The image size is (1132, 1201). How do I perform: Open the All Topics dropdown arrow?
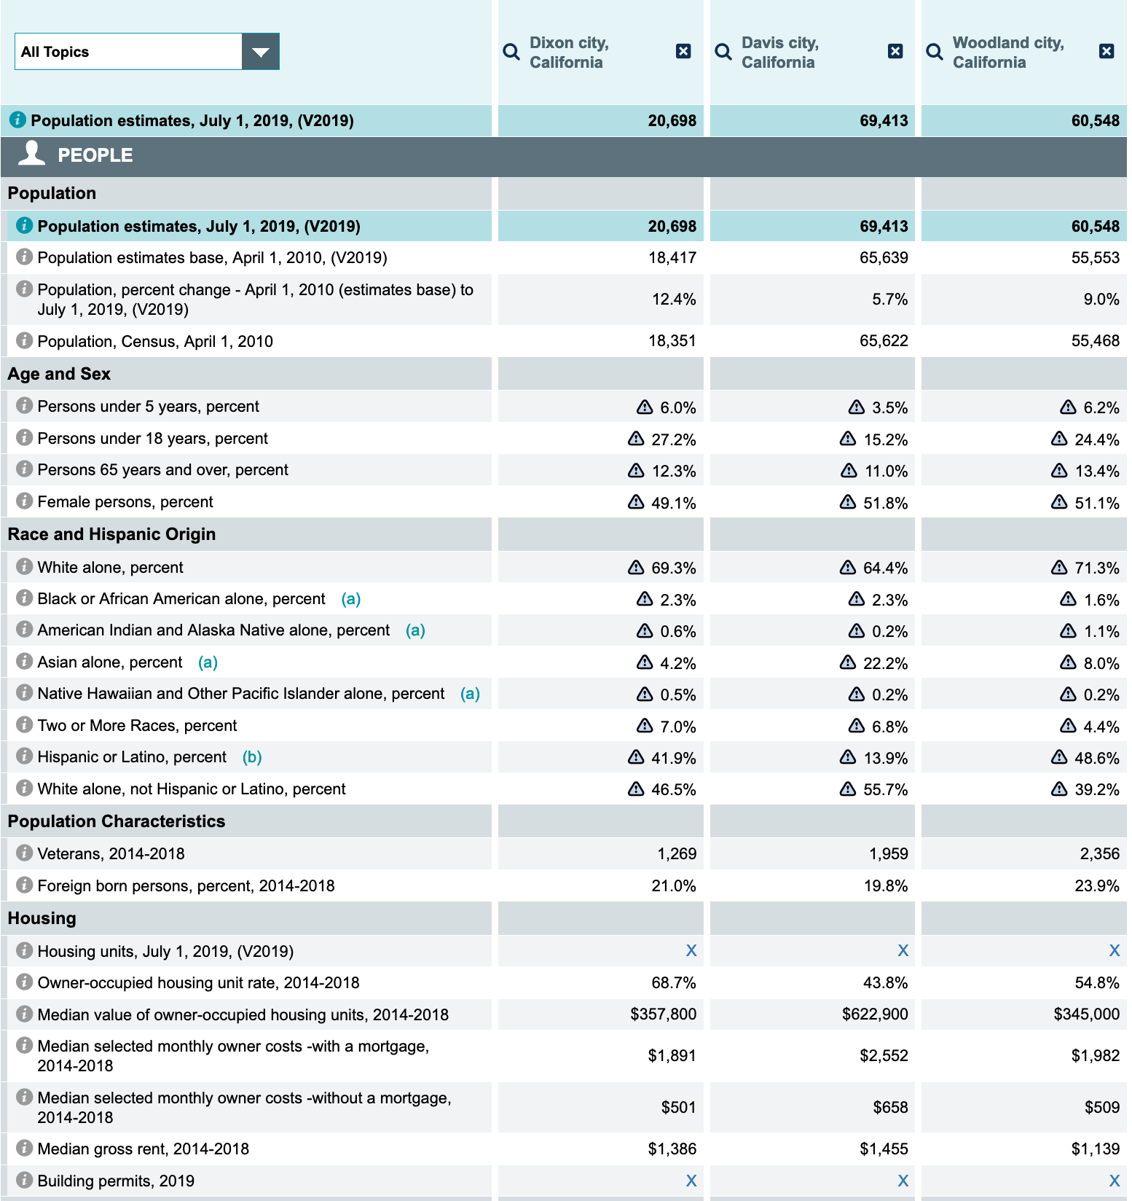[260, 52]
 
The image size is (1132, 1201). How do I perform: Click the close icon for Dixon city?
[683, 51]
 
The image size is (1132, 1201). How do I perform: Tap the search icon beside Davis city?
[723, 52]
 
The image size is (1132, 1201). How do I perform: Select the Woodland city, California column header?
[1007, 52]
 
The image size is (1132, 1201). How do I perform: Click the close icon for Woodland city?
[1107, 51]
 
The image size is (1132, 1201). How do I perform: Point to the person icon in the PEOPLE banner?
[31, 154]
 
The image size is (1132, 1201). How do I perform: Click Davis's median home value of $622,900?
[875, 1014]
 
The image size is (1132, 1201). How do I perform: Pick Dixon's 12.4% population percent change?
[674, 300]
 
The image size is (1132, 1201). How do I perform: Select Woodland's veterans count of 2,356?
[1099, 853]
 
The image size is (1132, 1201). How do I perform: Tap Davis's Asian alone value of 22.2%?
[885, 663]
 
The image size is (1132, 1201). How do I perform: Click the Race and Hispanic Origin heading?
[111, 534]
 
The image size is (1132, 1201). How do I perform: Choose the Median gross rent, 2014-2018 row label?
[143, 1149]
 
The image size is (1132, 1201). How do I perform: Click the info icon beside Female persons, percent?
[24, 501]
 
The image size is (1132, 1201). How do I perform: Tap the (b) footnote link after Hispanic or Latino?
[252, 757]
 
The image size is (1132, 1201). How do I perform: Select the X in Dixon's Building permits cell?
[691, 1181]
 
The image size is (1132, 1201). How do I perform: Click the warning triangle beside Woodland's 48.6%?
[1059, 758]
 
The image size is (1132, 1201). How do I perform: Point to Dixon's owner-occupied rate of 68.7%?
[674, 983]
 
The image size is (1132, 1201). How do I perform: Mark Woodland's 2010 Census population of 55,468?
[1095, 341]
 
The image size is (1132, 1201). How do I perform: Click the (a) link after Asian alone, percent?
[208, 662]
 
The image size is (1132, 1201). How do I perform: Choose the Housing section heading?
[42, 918]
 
